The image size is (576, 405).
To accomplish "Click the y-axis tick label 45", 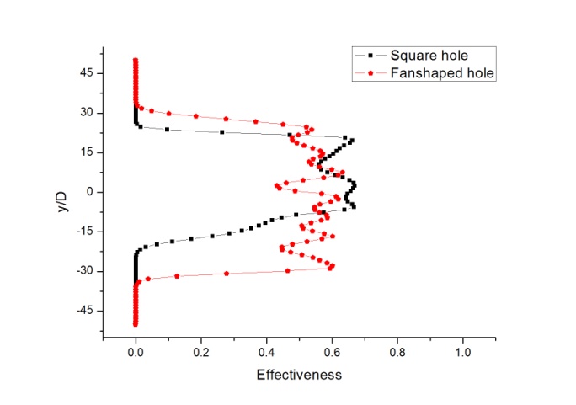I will click(86, 73).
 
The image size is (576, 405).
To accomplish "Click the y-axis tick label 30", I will click(86, 113).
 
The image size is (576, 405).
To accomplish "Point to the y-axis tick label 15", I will click(86, 152).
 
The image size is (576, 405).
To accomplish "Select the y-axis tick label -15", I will click(84, 232).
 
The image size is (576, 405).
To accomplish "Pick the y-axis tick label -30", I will click(84, 271).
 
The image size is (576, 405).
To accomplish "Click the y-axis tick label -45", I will click(84, 311).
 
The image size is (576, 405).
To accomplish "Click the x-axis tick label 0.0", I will click(136, 352).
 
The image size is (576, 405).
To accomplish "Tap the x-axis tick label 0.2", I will click(201, 352).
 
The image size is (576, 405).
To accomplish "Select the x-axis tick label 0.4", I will click(266, 352).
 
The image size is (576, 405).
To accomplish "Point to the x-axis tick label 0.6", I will click(332, 352).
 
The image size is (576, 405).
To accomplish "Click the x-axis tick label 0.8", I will click(397, 352).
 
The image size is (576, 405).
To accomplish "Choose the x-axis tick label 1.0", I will click(462, 352).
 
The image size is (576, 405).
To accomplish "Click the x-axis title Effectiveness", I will click(299, 375).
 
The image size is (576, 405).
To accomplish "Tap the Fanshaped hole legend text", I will click(442, 73).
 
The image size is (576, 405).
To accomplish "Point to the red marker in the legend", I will click(370, 73).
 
